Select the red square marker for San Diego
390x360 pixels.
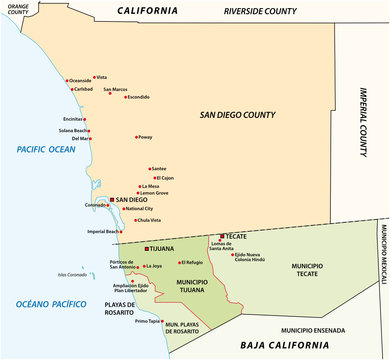(x=113, y=200)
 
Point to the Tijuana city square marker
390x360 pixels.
(x=147, y=248)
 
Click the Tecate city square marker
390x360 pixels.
(x=217, y=237)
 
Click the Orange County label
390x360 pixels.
(x=18, y=10)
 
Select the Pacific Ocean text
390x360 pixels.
(x=39, y=149)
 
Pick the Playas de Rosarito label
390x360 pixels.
(x=94, y=308)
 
